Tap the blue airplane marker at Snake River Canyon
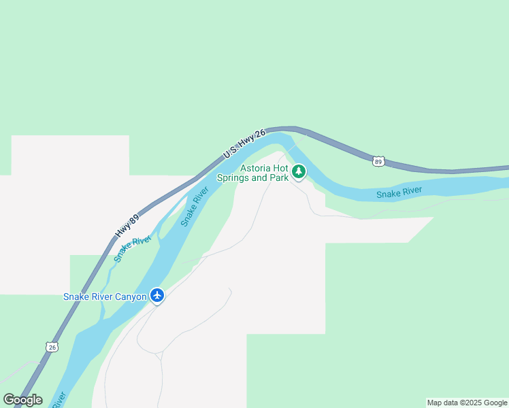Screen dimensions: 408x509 [158, 296]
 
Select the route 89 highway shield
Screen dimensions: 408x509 [378, 161]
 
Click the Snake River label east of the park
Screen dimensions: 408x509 [399, 193]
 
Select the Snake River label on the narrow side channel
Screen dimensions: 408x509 [131, 249]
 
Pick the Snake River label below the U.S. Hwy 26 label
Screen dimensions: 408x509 [195, 207]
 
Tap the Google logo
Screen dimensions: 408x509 [22, 400]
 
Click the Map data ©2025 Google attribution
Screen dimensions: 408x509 [467, 403]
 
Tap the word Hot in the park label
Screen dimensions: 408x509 [280, 169]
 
